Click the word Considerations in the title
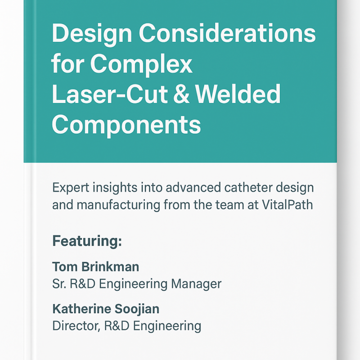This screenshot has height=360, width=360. pyautogui.click(x=227, y=33)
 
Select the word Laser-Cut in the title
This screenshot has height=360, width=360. pyautogui.click(x=109, y=94)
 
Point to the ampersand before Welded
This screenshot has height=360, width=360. pyautogui.click(x=181, y=94)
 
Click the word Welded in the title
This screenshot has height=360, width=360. pyautogui.click(x=238, y=94)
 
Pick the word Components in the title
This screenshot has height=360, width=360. pyautogui.click(x=126, y=126)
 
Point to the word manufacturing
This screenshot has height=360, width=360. pyautogui.click(x=118, y=205)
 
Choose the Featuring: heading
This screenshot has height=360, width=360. pyautogui.click(x=87, y=241)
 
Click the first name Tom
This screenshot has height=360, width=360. pyautogui.click(x=65, y=267)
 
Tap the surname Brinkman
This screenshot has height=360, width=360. pyautogui.click(x=110, y=267)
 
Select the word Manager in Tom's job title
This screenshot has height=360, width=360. pyautogui.click(x=196, y=284)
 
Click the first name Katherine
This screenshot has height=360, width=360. pyautogui.click(x=81, y=309)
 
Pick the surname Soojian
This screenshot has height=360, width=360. pyautogui.click(x=137, y=309)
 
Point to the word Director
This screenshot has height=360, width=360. pyautogui.click(x=76, y=326)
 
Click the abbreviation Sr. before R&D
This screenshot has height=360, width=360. pyautogui.click(x=59, y=284)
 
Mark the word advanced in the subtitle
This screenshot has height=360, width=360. pyautogui.click(x=193, y=187)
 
